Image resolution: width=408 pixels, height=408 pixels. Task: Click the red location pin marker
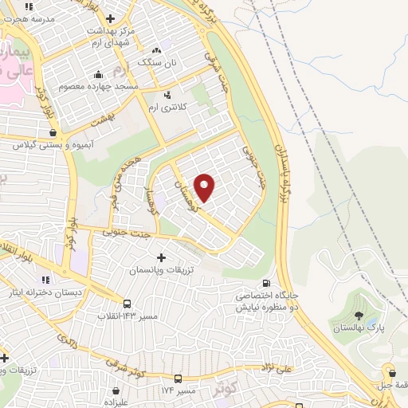click(205, 188)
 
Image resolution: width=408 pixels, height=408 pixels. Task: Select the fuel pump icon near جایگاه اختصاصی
click(265, 283)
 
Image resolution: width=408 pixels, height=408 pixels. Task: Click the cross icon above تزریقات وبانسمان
click(162, 257)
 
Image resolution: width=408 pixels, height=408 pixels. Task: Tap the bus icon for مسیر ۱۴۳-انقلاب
click(127, 303)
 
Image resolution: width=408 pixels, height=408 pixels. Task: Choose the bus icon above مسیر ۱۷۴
click(178, 379)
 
